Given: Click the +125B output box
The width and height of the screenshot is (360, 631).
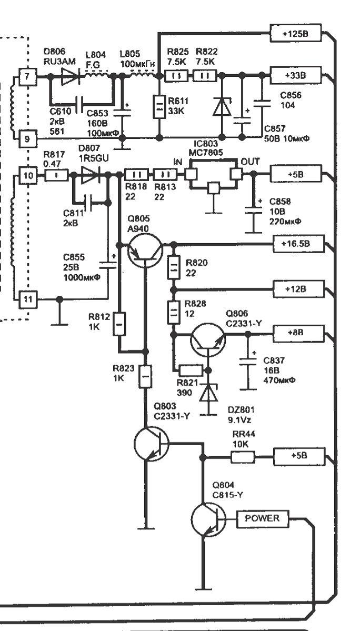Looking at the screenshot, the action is [296, 33].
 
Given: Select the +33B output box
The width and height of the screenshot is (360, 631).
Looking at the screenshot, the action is [296, 75].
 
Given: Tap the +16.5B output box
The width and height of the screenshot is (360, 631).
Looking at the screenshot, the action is [298, 244].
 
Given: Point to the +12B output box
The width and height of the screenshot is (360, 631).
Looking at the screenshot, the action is [298, 289].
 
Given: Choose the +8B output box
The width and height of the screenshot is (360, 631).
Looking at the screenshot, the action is [298, 333].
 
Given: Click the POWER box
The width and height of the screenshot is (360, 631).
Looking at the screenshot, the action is [262, 519].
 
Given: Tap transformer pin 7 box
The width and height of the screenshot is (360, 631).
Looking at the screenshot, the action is [28, 76].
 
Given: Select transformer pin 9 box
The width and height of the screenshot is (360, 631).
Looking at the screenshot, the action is [28, 139].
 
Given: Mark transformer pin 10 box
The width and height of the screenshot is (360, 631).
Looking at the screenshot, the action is [28, 175].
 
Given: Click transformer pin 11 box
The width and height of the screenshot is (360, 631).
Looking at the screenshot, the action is [28, 299].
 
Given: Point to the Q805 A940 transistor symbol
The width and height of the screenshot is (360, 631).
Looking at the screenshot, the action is [145, 251].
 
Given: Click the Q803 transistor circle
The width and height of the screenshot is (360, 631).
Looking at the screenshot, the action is [151, 444].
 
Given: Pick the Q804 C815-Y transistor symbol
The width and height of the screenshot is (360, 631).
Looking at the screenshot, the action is [208, 519].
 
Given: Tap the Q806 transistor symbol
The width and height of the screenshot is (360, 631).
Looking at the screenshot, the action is [208, 340].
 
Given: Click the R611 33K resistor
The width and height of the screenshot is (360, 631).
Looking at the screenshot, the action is [159, 107].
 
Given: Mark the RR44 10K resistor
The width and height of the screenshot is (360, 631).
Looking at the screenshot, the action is [243, 457].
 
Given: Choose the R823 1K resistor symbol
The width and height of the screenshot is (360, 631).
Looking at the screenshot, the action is [146, 376].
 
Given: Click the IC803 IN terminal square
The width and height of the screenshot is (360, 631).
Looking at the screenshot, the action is [191, 174].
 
